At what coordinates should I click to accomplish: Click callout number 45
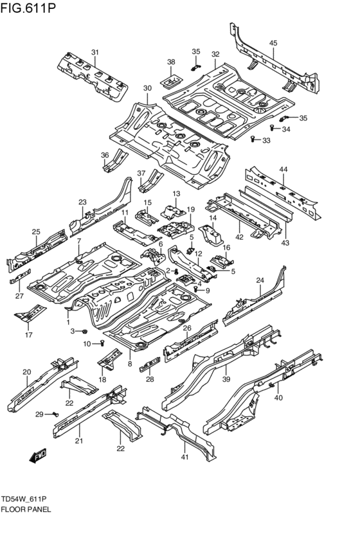click(x=273, y=43)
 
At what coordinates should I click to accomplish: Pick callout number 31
click(x=94, y=53)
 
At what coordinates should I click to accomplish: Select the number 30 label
click(x=147, y=88)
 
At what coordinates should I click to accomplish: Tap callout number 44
click(x=283, y=168)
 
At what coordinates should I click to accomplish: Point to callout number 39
click(x=226, y=381)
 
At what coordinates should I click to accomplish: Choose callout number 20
click(x=26, y=372)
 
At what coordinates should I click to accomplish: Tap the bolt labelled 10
click(x=102, y=344)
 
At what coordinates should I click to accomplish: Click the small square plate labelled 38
click(x=171, y=82)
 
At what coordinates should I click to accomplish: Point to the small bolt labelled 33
click(x=253, y=139)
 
